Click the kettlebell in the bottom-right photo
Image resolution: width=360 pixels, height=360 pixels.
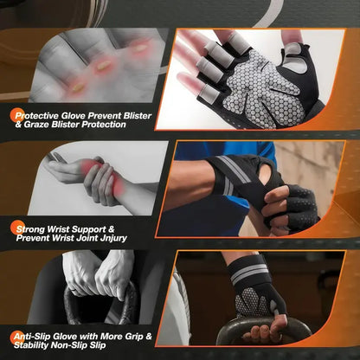point(260,333)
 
